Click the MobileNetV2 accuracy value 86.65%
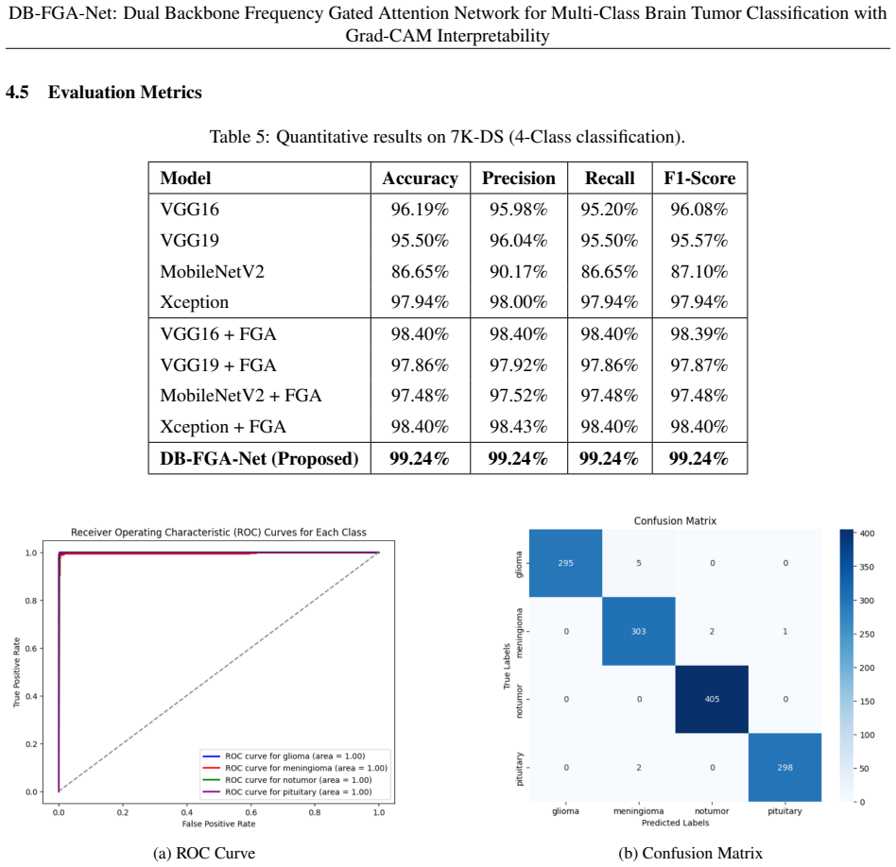[420, 271]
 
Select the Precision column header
[518, 178]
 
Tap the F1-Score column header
[699, 178]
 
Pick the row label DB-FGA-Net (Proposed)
[259, 459]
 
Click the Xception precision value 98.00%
[518, 302]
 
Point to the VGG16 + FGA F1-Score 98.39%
[699, 334]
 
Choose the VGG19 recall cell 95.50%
[610, 241]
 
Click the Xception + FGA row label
[223, 427]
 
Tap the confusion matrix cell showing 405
[712, 699]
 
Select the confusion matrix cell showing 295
[566, 563]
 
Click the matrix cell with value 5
[639, 563]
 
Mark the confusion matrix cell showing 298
[785, 768]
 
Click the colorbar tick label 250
[867, 634]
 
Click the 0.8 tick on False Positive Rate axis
[315, 812]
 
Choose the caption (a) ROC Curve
[204, 853]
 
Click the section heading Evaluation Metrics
[125, 93]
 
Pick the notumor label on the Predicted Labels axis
[712, 811]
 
